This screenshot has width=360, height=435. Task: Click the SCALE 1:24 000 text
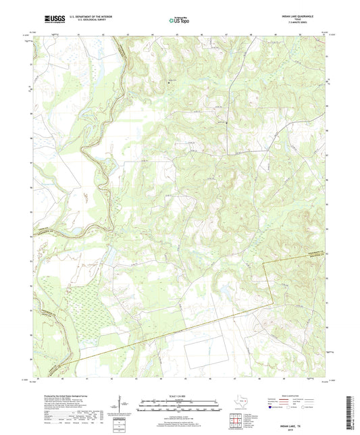[x=180, y=396]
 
